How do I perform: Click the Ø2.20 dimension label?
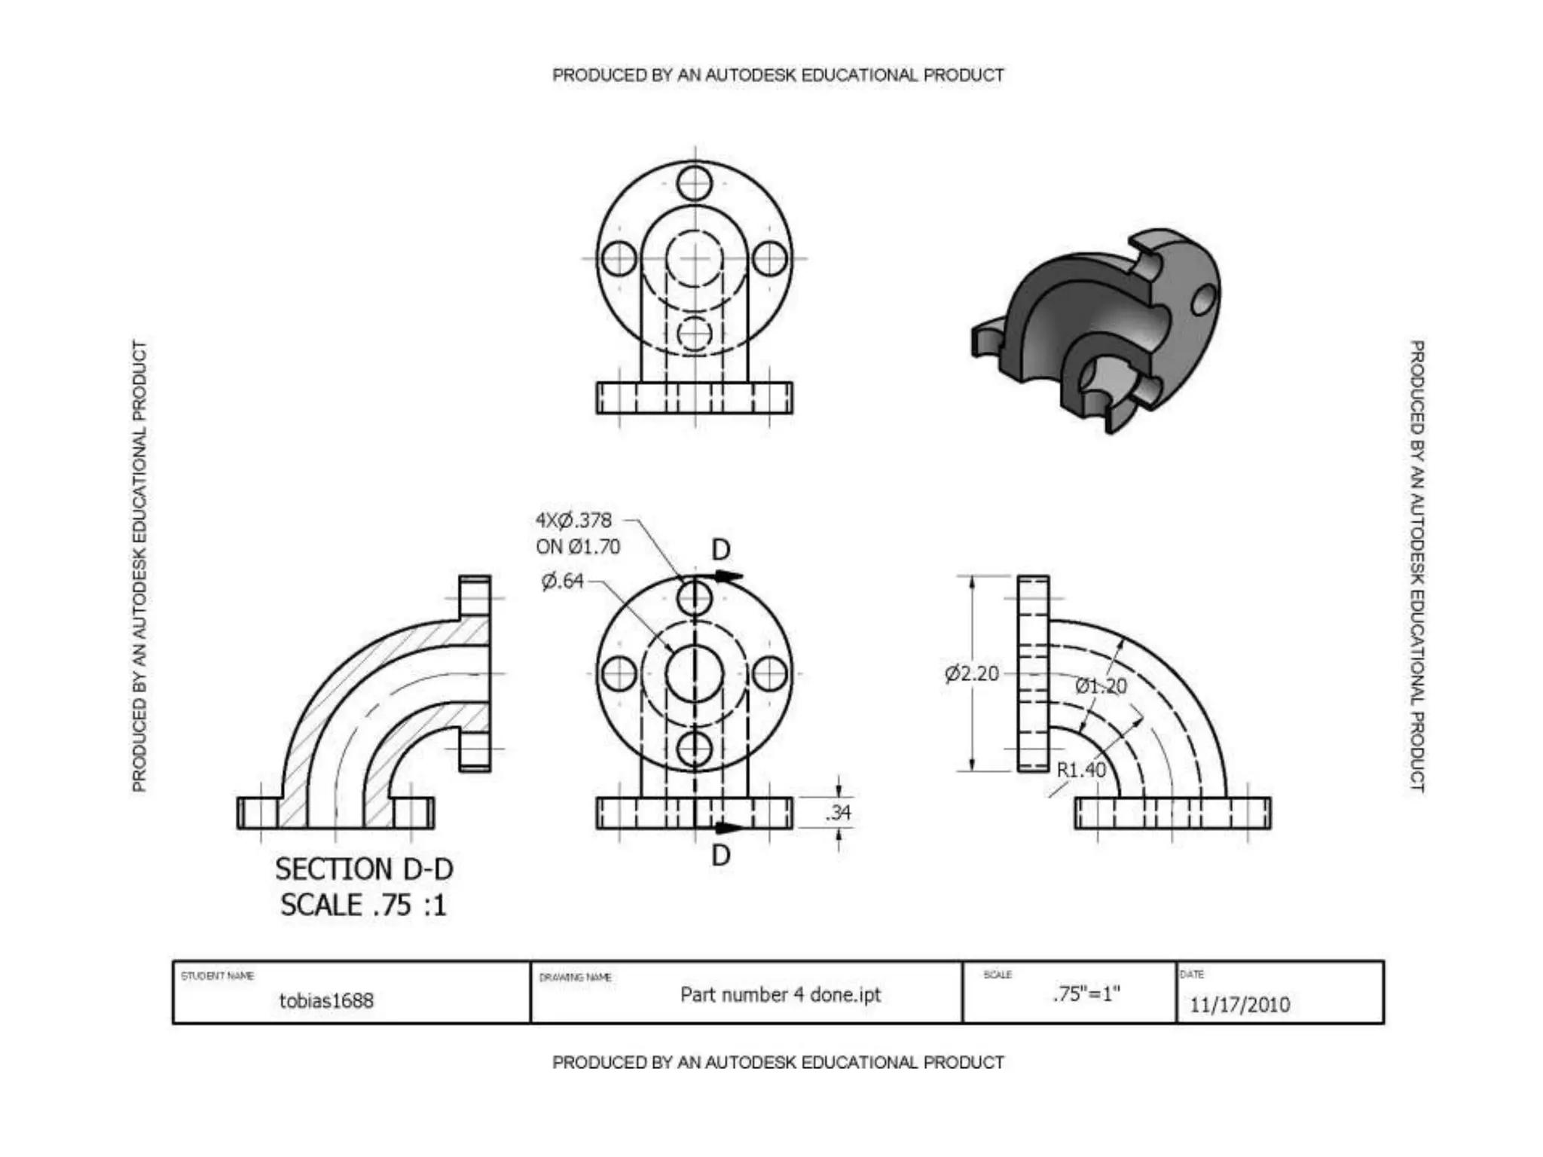972,673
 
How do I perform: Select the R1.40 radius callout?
1080,770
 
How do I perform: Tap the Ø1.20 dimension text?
1101,686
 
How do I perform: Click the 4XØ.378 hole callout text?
574,520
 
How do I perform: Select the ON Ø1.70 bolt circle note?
578,547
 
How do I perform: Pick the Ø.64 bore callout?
562,581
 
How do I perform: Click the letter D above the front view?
721,550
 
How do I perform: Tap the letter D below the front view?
721,855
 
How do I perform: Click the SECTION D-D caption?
364,869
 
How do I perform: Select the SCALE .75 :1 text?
364,905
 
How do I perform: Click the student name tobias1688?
326,1000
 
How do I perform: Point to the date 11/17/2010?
1239,1004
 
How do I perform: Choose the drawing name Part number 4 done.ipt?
780,994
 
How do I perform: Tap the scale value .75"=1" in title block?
1086,994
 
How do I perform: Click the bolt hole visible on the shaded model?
1203,300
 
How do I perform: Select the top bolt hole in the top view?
694,183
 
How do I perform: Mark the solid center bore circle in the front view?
694,673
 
